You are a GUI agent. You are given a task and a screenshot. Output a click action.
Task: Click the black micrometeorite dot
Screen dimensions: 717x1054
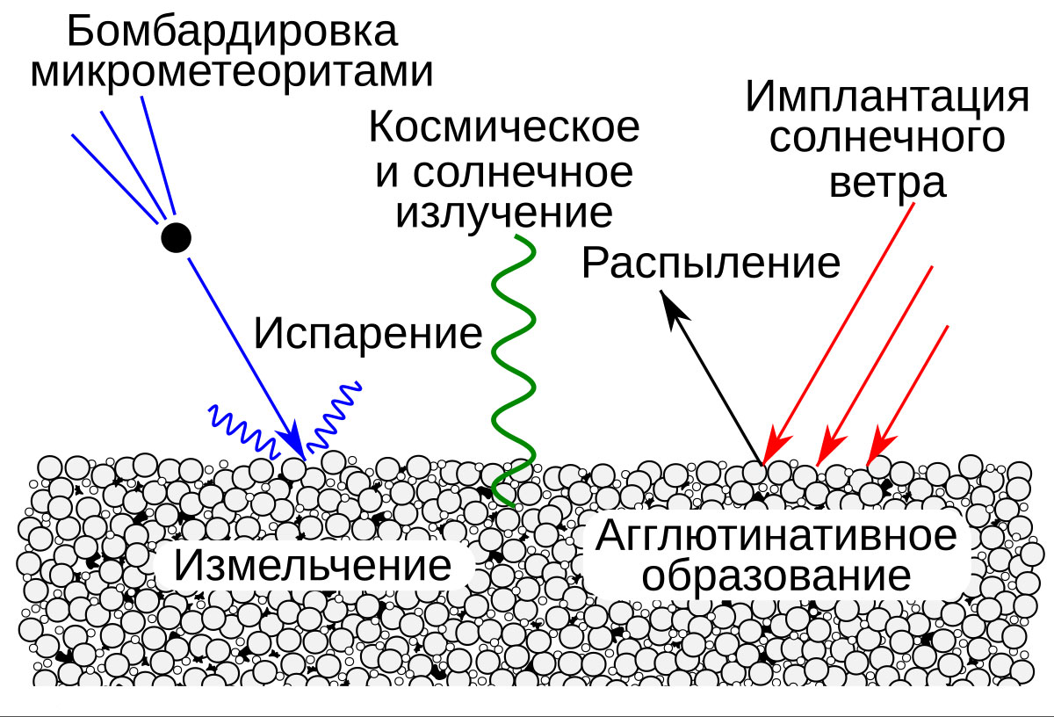point(176,237)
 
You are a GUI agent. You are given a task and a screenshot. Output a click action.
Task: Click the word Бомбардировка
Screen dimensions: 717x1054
point(232,33)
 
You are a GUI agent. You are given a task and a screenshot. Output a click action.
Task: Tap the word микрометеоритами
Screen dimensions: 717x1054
point(232,72)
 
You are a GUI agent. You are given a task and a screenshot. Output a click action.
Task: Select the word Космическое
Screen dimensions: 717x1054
point(503,128)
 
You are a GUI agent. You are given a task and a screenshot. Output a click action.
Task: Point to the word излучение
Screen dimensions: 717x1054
point(503,213)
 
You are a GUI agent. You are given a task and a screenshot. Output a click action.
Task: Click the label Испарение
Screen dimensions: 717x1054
point(368,334)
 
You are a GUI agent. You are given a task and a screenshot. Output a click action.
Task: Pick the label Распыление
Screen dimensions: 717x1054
point(711,263)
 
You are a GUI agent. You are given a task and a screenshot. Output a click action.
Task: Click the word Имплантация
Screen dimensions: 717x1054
point(886,97)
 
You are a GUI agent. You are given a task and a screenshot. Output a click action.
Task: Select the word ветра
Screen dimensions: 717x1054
point(887,183)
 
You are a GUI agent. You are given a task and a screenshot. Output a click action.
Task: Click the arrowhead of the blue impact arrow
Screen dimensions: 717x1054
point(294,441)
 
